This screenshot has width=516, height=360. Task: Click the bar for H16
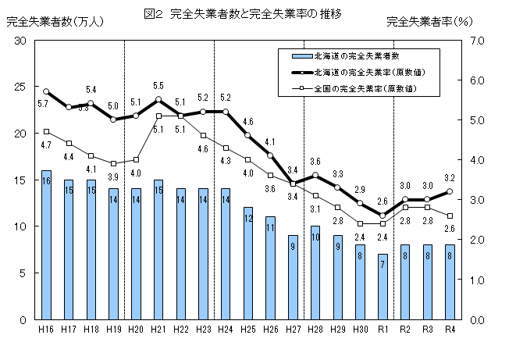(46, 244)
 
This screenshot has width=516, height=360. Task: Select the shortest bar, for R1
(382, 287)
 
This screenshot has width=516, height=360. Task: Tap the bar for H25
(247, 263)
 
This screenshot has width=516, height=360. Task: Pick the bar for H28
(315, 273)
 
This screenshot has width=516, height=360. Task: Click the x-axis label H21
(158, 330)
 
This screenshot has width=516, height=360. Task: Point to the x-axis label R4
(450, 330)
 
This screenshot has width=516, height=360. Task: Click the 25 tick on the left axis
(21, 87)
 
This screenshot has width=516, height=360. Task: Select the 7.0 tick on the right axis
(478, 40)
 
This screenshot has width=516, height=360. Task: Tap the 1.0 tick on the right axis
(478, 280)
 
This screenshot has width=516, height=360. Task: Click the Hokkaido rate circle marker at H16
(46, 91)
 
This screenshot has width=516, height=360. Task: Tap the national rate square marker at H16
(46, 131)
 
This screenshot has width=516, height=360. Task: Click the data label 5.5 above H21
(158, 85)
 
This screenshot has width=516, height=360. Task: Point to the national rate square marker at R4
(450, 216)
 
